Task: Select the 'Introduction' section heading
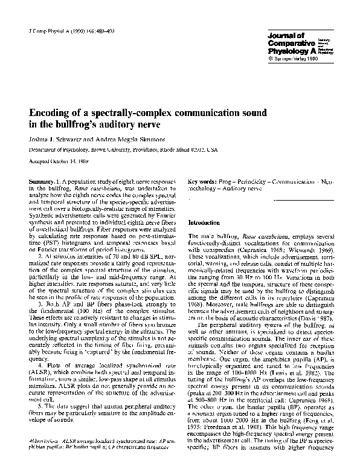(206, 222)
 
